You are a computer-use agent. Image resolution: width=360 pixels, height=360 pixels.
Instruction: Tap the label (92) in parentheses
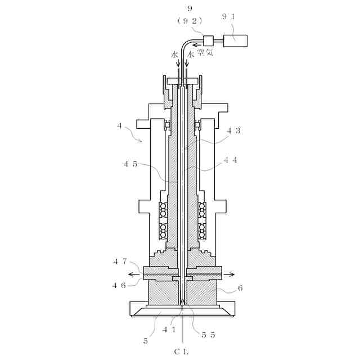pos(190,20)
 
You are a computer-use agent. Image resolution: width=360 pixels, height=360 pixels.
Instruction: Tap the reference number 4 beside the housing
pos(119,126)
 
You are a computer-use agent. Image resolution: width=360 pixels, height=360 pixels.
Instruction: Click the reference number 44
pos(231,160)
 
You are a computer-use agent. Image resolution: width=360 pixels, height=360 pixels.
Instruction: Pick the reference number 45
pos(130,164)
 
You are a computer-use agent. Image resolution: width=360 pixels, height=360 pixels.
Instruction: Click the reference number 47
pos(120,261)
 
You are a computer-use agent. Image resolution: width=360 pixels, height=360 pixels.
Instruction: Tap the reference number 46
pos(119,285)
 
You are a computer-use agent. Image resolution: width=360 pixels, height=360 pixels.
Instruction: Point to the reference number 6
pos(240,288)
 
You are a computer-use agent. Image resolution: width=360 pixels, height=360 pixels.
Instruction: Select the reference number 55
pos(208,334)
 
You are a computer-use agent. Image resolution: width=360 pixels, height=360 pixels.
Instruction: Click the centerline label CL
pos(181,352)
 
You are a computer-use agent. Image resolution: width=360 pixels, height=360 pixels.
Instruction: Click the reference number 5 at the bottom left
pos(145,340)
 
